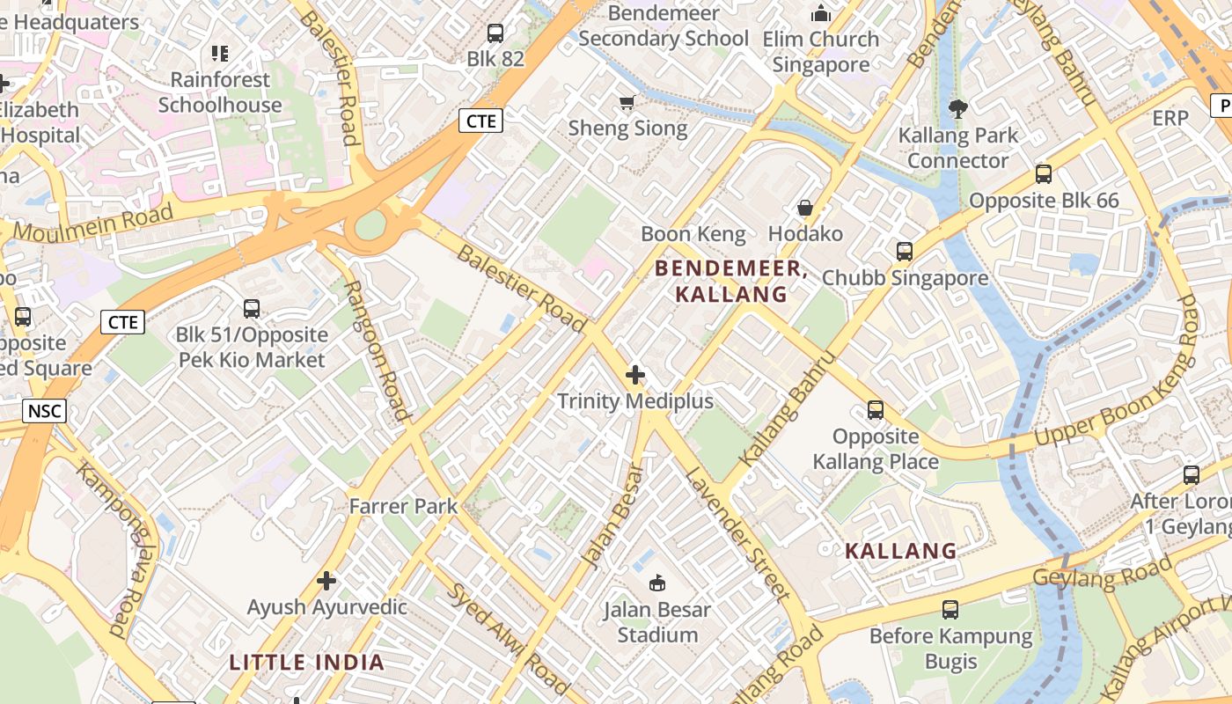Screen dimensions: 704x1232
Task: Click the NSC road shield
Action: (44, 411)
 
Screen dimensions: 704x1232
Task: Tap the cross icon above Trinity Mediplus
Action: (634, 376)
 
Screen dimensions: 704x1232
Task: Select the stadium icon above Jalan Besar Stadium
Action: (656, 583)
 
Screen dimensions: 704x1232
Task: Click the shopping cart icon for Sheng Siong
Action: (627, 103)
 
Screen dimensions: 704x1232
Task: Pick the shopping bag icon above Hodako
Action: (804, 208)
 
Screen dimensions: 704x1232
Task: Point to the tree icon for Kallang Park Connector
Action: (957, 109)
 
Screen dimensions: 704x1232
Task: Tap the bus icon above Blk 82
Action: (495, 33)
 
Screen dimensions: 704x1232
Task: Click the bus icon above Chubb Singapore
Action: (904, 252)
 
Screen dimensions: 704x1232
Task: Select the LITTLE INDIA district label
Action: (307, 663)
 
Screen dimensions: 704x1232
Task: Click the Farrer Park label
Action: (404, 506)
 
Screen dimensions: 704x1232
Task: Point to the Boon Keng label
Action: (693, 234)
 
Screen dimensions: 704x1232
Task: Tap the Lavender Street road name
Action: (737, 533)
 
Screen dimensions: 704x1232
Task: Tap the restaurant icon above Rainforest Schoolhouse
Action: (219, 54)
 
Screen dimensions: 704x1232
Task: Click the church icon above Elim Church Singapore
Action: (821, 13)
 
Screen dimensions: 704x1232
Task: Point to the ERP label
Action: (1170, 118)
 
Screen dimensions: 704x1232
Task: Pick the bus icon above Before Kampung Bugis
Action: (950, 609)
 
